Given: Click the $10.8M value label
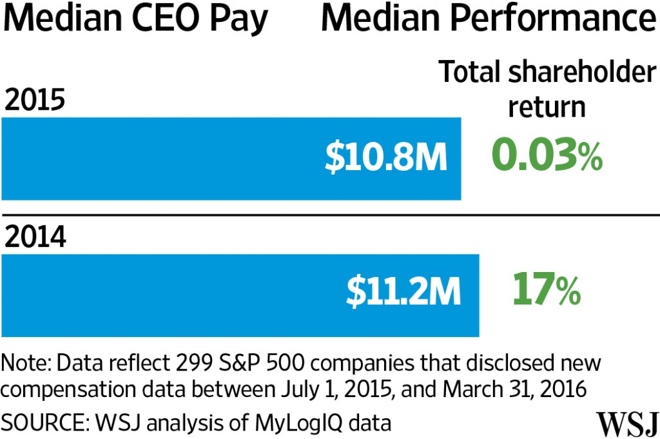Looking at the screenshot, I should (385, 159).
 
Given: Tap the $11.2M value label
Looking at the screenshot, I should (403, 294).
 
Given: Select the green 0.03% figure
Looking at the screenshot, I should (547, 157).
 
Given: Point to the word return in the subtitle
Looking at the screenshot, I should (547, 106).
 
